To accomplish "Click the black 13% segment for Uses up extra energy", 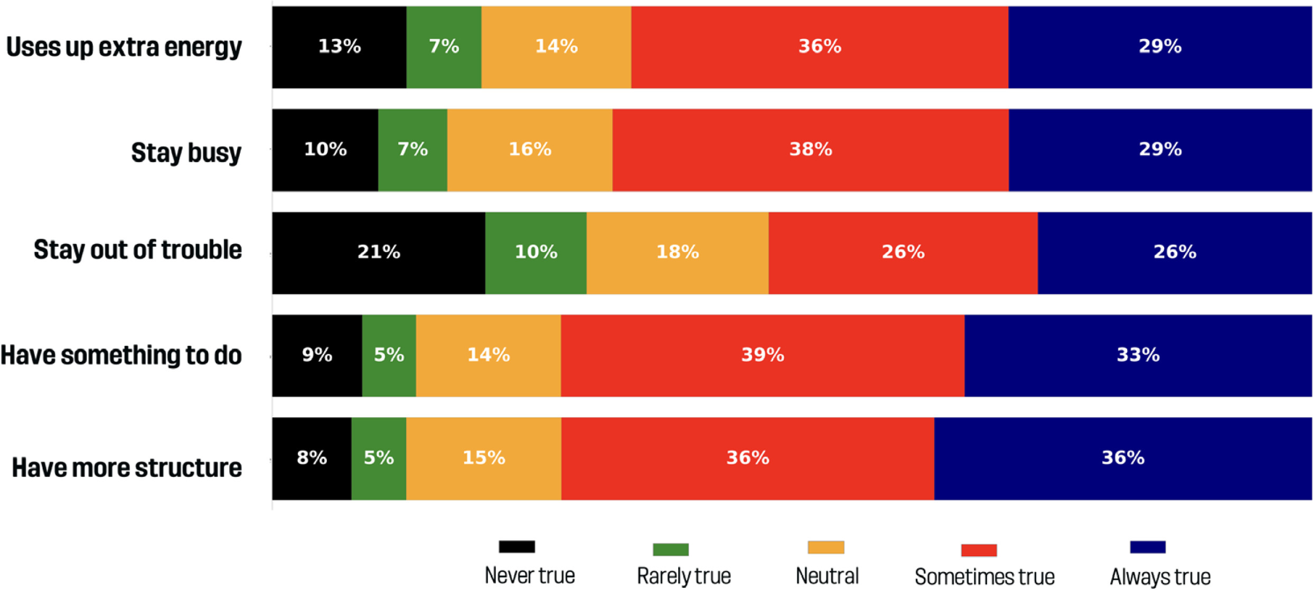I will [339, 47].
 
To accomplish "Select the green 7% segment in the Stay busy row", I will [412, 150].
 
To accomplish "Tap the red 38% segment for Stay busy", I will [810, 150].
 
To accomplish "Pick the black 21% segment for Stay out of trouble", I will [378, 252].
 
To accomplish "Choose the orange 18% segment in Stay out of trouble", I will [677, 252].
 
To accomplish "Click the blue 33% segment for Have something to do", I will [1138, 355].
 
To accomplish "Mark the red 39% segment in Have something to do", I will [762, 355].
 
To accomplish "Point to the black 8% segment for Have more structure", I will [312, 458].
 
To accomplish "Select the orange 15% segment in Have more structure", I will [483, 458].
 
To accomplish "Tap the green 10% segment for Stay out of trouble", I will [536, 252].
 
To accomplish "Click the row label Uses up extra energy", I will [124, 47].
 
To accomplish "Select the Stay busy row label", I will [186, 153].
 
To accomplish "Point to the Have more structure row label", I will [127, 467].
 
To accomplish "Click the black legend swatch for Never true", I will [517, 547].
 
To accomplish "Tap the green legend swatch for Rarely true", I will [670, 549].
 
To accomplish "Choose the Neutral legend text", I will [827, 576].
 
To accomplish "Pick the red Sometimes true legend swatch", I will [979, 550].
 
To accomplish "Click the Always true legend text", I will [1160, 577].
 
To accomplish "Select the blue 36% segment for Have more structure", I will [1123, 458].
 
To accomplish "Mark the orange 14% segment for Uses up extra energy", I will [556, 47].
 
